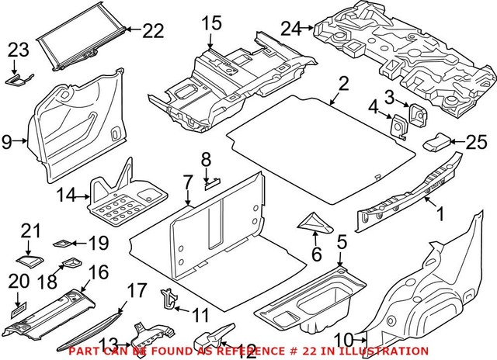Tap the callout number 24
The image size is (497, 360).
click(x=290, y=29)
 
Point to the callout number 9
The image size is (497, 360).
click(x=7, y=141)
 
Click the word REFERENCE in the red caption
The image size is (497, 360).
click(x=255, y=351)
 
